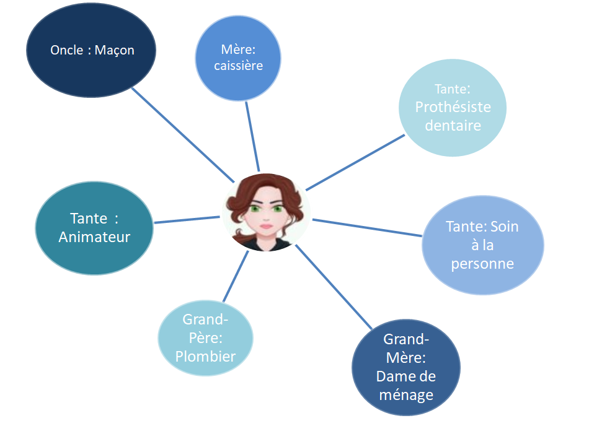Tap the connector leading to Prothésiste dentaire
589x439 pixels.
click(x=355, y=162)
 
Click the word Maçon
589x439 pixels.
click(x=115, y=50)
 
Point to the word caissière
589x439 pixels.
click(x=239, y=65)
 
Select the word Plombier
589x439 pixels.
click(x=205, y=356)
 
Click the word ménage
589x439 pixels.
click(x=405, y=394)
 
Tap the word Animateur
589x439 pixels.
click(x=94, y=237)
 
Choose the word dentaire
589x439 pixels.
click(x=453, y=125)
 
